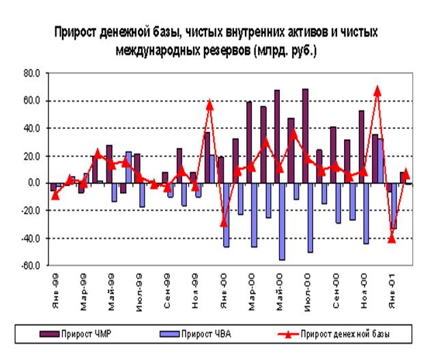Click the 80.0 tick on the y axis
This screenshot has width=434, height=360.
click(x=33, y=73)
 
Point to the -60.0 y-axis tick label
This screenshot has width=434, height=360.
click(x=31, y=266)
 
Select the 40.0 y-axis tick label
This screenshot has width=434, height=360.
click(x=33, y=128)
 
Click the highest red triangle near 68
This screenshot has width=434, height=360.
click(x=377, y=90)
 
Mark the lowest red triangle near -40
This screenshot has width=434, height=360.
click(x=391, y=238)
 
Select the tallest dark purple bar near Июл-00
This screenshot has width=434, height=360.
click(x=304, y=136)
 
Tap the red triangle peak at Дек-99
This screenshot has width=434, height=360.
click(x=209, y=104)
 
